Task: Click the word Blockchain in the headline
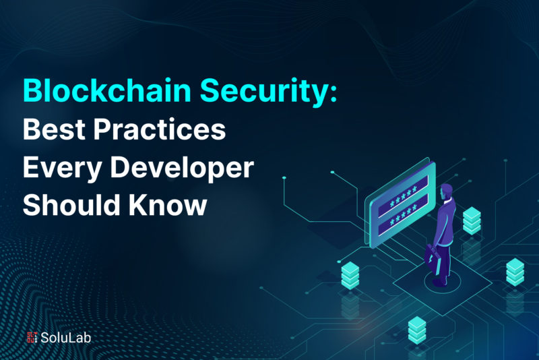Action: click(107, 90)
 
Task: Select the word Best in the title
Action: click(54, 129)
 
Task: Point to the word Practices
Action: click(160, 129)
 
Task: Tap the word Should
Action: click(71, 204)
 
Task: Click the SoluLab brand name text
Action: click(65, 338)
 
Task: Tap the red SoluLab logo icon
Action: click(32, 337)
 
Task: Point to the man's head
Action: click(446, 191)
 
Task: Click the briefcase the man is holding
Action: click(431, 259)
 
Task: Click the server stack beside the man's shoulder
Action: click(472, 220)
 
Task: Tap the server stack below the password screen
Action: click(350, 275)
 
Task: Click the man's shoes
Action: click(441, 281)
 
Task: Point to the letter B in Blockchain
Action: click(32, 91)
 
